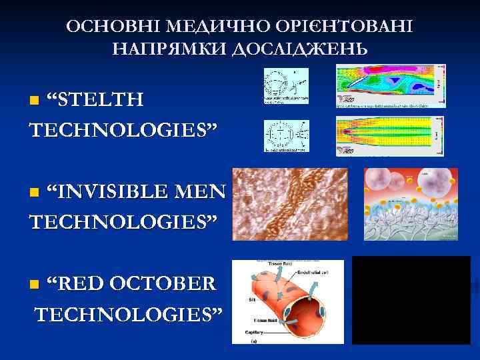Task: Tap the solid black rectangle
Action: coord(411,300)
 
